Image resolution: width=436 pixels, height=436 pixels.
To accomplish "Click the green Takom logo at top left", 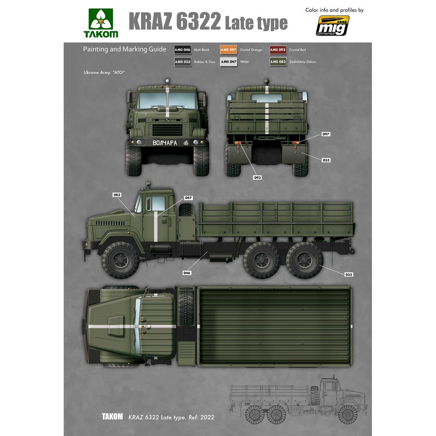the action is pyautogui.click(x=101, y=23).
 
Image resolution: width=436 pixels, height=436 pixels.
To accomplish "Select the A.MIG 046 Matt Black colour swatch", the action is pyautogui.click(x=182, y=50).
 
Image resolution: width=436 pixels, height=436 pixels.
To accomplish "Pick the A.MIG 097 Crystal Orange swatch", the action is pyautogui.click(x=228, y=50).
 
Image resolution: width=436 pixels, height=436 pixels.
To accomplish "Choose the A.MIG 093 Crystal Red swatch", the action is pyautogui.click(x=278, y=50).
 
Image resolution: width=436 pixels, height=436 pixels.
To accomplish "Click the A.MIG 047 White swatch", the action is pyautogui.click(x=228, y=62).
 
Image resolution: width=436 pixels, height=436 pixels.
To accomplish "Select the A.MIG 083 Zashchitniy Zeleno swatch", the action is pyautogui.click(x=278, y=62).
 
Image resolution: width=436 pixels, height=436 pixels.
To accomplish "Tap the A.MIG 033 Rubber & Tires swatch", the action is pyautogui.click(x=182, y=62).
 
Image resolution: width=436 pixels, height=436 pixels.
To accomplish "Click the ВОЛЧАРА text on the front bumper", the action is pyautogui.click(x=165, y=143).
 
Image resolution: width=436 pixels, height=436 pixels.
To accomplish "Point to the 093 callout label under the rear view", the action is pyautogui.click(x=258, y=177).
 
